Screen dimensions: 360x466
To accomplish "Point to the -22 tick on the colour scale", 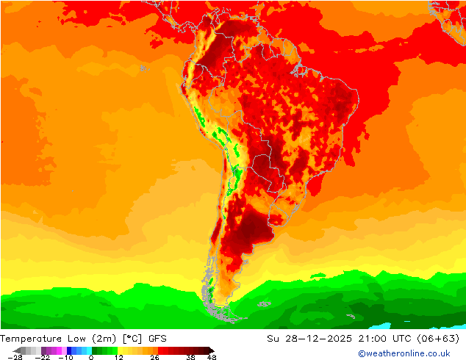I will (42, 357).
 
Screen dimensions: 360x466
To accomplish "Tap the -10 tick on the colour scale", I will (66, 357).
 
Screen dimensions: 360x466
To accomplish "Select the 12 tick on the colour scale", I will (118, 357).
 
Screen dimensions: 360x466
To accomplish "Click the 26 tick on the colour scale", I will (154, 357).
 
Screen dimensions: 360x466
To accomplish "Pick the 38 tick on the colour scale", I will (191, 357).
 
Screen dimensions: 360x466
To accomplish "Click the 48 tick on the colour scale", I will (212, 357).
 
